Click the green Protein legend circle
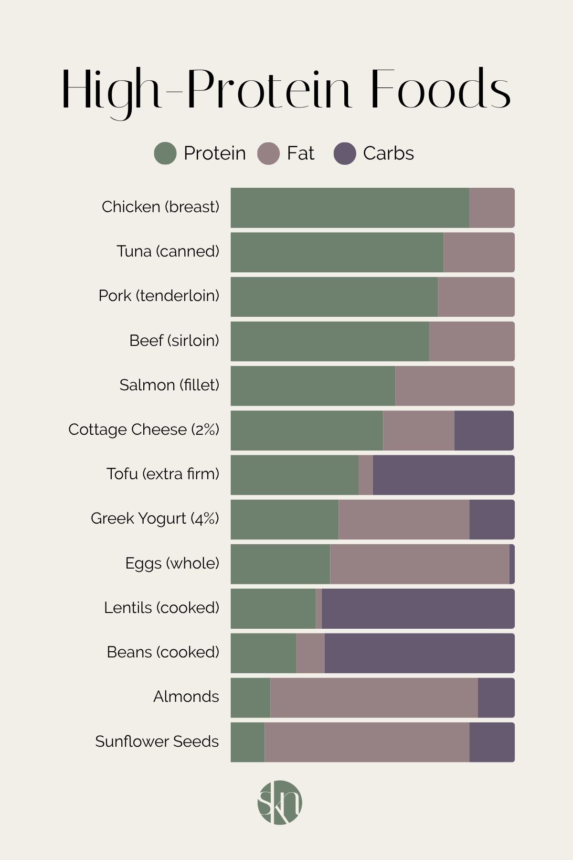tap(165, 153)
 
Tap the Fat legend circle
tap(268, 153)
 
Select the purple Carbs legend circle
tap(345, 153)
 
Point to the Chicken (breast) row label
tap(160, 207)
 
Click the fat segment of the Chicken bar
tap(492, 208)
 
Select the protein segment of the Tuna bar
tap(337, 252)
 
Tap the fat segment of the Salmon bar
tap(455, 386)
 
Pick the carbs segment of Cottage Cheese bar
tap(484, 430)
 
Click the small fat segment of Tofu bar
tap(366, 475)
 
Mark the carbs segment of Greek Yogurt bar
tap(492, 519)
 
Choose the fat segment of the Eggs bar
tap(419, 564)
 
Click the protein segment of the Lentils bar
tap(273, 609)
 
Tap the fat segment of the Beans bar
tap(310, 653)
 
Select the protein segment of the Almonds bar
tap(251, 698)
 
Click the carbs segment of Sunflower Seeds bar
tap(492, 742)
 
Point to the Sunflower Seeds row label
tap(157, 742)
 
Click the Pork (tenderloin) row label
tap(159, 296)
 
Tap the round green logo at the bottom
tap(280, 803)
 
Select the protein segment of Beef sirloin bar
tap(330, 341)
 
